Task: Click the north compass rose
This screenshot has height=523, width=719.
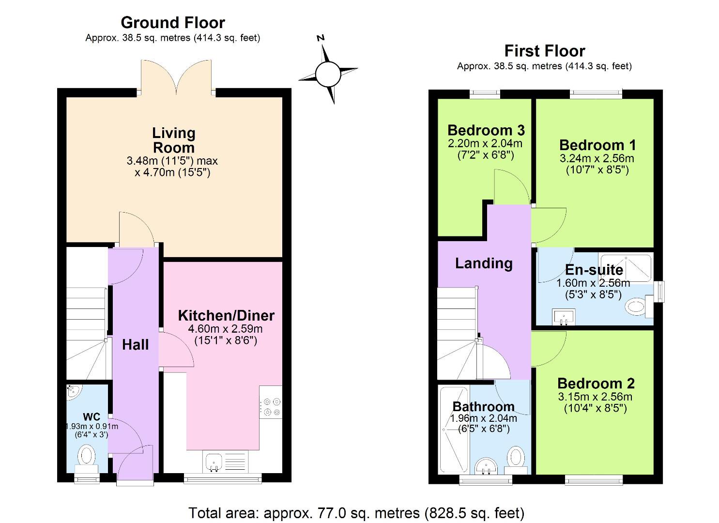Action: [x=328, y=74]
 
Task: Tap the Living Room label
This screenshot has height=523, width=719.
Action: [x=173, y=140]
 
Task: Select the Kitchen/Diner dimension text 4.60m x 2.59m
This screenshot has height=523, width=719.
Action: [x=225, y=329]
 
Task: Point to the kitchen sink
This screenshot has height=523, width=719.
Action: [x=214, y=461]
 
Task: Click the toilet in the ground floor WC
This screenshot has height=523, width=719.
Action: [x=87, y=456]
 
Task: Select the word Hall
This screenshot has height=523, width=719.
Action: [x=135, y=345]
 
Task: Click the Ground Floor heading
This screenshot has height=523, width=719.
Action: [x=172, y=23]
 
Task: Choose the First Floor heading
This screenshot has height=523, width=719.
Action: [x=544, y=51]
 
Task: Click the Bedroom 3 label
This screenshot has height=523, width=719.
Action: [x=486, y=130]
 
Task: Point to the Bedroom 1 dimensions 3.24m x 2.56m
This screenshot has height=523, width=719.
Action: [x=597, y=158]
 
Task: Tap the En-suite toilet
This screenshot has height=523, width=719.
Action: [x=637, y=306]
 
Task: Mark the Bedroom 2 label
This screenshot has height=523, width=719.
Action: [x=596, y=384]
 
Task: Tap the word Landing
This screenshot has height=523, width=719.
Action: [x=483, y=263]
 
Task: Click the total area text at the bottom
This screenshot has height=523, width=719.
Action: [x=356, y=512]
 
